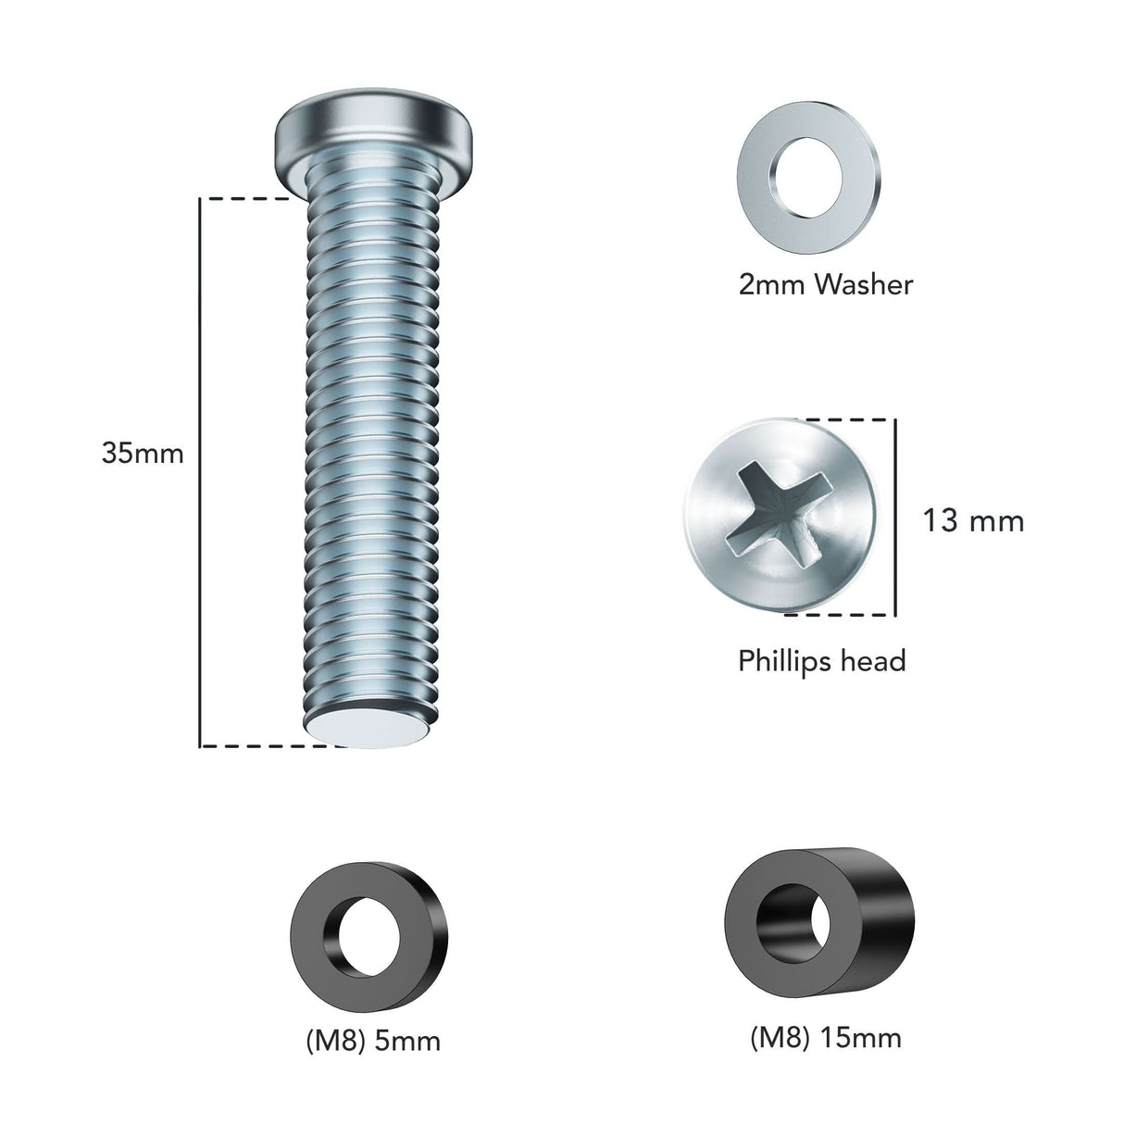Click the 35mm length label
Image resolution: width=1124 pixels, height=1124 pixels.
click(x=143, y=454)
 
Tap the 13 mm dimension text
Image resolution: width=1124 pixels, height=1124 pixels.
click(x=973, y=520)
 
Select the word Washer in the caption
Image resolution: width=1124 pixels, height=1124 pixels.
click(x=863, y=284)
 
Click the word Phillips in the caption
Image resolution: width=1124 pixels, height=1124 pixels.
click(x=781, y=661)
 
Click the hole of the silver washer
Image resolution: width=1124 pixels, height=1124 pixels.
click(x=809, y=177)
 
